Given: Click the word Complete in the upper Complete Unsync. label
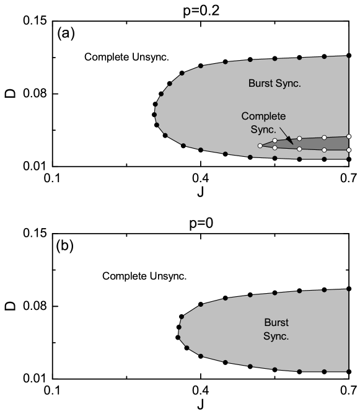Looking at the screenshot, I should point(107,58).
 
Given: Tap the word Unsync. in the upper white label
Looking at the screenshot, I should point(151,58).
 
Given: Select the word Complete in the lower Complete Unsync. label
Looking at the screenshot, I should point(124,276).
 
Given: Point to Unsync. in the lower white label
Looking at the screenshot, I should point(168,276).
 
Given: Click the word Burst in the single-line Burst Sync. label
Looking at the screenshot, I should point(261,83).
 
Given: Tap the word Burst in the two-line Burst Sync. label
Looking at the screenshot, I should point(276,323).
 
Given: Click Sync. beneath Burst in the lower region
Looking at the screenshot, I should point(276,337).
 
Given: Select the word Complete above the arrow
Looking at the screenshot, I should point(263,117).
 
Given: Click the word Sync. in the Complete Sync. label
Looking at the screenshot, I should point(263,130).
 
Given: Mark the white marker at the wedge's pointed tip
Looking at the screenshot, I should point(260,146).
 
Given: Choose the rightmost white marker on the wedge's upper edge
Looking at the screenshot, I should point(349,136).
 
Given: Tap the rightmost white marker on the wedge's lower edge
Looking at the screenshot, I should point(349,150).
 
